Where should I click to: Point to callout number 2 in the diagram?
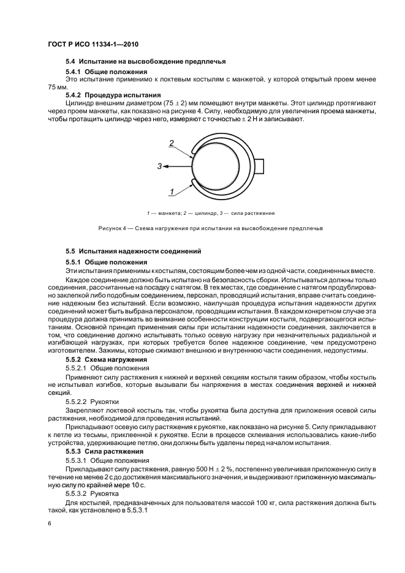pos(172,143)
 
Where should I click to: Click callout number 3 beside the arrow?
pos(159,166)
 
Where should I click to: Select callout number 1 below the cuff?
pos(172,192)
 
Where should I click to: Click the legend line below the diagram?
pos(210,213)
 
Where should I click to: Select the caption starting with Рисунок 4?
pos(210,228)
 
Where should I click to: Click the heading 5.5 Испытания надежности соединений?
pos(133,252)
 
